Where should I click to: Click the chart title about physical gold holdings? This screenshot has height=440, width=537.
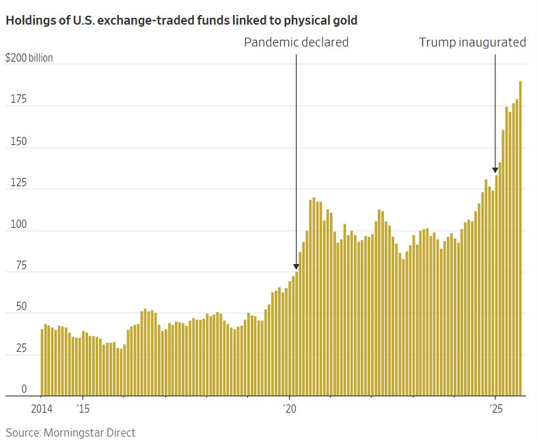(181, 21)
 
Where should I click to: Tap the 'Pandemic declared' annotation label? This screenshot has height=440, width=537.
(297, 42)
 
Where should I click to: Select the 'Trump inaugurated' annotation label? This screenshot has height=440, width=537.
(472, 42)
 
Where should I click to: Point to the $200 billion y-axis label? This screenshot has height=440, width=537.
(29, 58)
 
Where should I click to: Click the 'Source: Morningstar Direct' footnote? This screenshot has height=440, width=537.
(70, 432)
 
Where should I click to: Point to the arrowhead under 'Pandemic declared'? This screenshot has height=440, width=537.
(297, 267)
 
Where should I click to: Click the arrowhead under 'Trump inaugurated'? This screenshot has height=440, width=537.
(495, 170)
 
